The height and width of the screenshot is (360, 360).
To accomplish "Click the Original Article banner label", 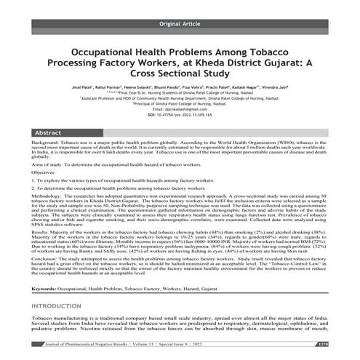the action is (180, 24).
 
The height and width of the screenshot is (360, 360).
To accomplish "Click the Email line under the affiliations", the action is (180, 119).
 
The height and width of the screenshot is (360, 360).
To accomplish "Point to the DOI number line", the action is (180, 125).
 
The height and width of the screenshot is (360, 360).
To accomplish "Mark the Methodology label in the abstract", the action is (50, 217).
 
